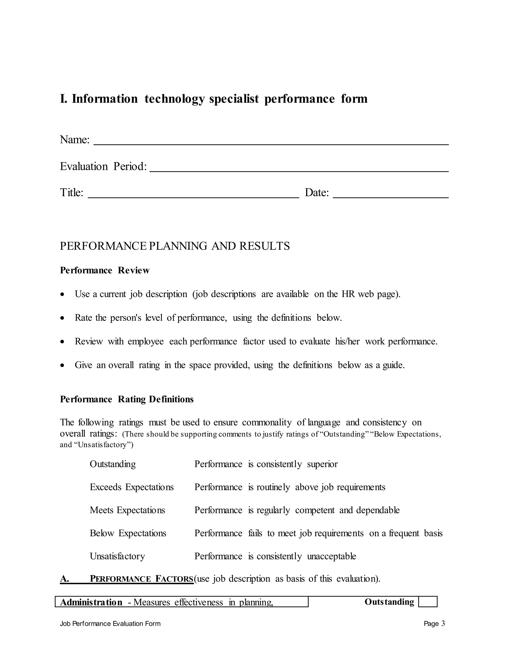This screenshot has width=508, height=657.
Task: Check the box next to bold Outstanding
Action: (x=428, y=602)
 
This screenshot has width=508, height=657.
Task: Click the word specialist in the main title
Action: (x=234, y=99)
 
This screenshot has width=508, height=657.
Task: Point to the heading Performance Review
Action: (x=104, y=270)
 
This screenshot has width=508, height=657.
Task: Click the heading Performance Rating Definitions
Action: (x=127, y=399)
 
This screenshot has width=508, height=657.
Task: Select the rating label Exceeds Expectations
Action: (x=131, y=487)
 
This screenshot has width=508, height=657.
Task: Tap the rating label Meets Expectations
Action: (x=127, y=510)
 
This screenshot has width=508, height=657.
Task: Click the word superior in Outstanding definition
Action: (x=322, y=464)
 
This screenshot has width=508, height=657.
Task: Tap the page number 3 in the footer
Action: (x=443, y=624)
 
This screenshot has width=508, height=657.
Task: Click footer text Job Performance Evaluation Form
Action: (x=110, y=624)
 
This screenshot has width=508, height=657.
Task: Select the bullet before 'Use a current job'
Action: (x=62, y=295)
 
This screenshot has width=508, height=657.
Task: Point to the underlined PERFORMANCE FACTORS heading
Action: (x=141, y=579)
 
